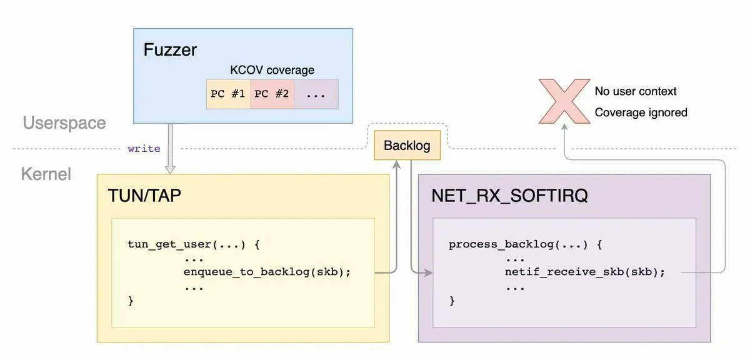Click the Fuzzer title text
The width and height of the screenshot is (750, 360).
[x=170, y=49]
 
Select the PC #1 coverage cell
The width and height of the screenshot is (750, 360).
[x=228, y=94]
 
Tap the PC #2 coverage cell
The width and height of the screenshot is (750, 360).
[x=272, y=94]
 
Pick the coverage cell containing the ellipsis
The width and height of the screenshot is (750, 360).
[x=316, y=94]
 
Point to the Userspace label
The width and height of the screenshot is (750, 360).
[x=64, y=122]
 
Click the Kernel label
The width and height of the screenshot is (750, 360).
[x=46, y=173]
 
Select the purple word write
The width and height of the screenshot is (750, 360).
[x=144, y=149]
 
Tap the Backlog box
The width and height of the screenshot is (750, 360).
[x=407, y=145]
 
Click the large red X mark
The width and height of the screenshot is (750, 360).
[x=564, y=101]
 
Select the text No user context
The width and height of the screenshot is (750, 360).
[x=636, y=92]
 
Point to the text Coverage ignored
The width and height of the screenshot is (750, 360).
[x=641, y=112]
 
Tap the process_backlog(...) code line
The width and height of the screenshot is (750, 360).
[x=525, y=244]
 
